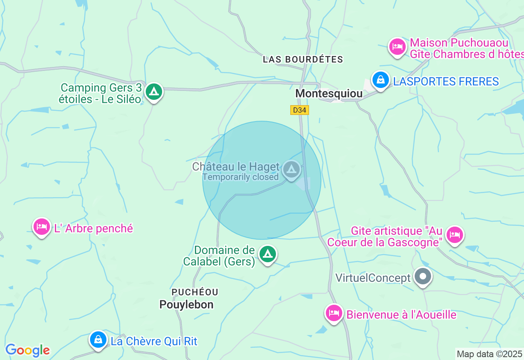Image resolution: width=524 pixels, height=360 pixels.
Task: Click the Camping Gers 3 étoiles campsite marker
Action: [x=154, y=92]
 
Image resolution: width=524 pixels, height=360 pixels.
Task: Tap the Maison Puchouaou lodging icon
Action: [x=397, y=47]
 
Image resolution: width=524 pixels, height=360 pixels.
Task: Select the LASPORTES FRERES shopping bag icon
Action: [x=381, y=80]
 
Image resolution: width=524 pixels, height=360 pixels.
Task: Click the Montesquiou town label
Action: [x=329, y=94]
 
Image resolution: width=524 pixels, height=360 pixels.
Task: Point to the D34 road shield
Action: [x=300, y=110]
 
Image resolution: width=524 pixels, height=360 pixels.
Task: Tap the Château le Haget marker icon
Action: [x=291, y=169]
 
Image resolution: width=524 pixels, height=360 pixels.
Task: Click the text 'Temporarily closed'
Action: [x=240, y=177]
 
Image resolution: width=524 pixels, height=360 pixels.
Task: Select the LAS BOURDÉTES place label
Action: [x=303, y=59]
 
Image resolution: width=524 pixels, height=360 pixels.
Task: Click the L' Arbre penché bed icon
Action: [x=41, y=226]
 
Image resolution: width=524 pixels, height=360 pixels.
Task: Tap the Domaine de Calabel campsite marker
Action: [x=268, y=254]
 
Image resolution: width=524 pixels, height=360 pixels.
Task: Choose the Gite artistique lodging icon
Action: [x=455, y=235]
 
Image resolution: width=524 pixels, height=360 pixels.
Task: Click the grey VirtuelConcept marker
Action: [x=423, y=277]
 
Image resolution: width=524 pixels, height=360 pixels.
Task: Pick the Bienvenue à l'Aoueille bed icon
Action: [x=334, y=313]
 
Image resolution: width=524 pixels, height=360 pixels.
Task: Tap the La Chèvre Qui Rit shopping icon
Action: [x=98, y=340]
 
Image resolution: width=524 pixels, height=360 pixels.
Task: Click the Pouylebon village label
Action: [x=186, y=305]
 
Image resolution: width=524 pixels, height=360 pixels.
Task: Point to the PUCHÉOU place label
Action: [x=195, y=292]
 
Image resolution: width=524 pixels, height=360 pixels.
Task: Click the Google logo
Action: [x=27, y=350]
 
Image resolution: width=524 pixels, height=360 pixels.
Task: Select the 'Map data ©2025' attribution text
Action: [x=489, y=354]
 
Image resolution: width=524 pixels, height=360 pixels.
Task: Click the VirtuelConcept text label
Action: [x=373, y=278]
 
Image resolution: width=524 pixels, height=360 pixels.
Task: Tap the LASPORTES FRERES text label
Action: [x=446, y=81]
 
